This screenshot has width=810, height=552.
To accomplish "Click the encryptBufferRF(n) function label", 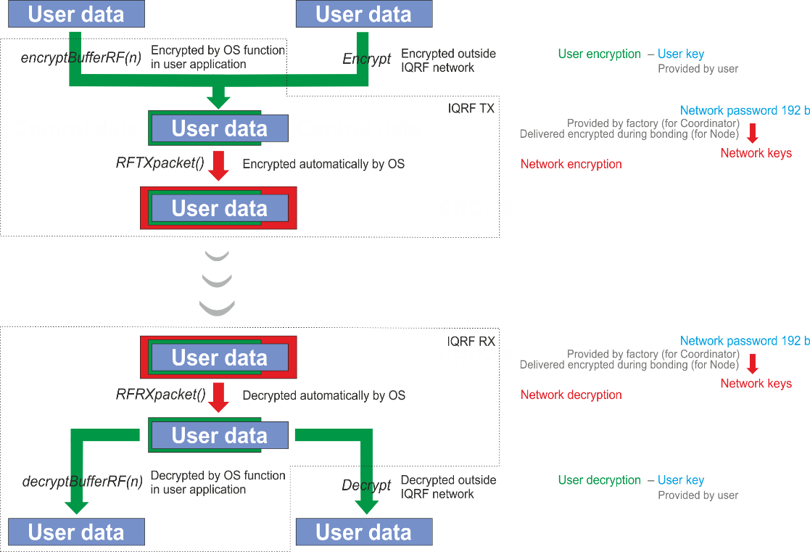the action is pos(81,57).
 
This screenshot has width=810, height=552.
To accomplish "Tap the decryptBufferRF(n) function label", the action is pos(82,481).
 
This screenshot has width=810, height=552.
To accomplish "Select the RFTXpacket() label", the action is pos(160,162).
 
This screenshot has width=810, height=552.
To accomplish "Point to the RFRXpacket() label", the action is pos(161,395).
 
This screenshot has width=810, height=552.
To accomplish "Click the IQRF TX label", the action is pos(471,109).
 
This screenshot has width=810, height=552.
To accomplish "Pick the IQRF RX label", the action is pos(471,342).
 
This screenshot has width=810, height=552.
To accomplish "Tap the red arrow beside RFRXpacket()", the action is pos(219,397).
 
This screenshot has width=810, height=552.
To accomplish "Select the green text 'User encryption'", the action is pos(599,54).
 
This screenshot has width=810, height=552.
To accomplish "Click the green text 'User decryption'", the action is pos(599,480).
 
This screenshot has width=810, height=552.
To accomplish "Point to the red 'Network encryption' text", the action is pos(571,165).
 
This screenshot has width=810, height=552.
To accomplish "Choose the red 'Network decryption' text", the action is pos(571,395).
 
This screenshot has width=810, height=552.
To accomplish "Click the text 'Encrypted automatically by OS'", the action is pos(323,165).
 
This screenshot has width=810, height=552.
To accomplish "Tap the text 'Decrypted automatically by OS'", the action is pos(324,396).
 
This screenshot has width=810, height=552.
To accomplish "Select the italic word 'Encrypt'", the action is pos(367,59).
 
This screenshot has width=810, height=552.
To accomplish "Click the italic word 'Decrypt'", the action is pos(366,485).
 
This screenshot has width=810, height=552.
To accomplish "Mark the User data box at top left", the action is pos(76,14).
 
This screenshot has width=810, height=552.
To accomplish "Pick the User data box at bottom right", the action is pos(364,532).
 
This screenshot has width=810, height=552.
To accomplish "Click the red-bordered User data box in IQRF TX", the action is pos(218,207).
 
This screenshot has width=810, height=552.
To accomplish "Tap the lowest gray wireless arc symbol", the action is pos(217,308).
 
